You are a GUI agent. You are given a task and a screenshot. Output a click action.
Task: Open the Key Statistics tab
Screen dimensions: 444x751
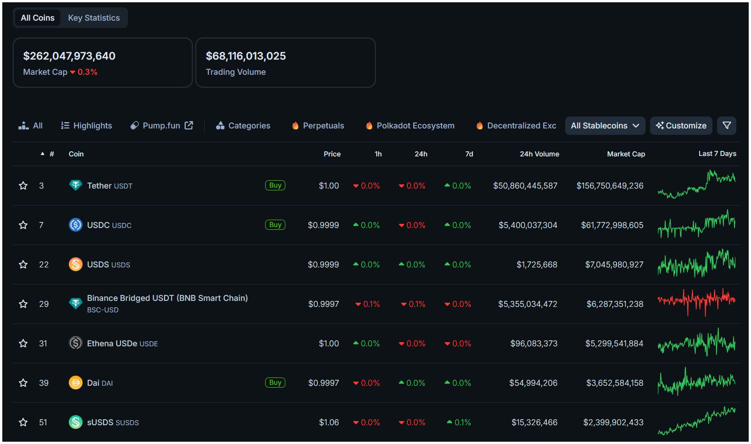point(94,18)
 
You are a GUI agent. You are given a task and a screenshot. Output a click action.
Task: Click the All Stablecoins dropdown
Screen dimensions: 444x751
point(605,126)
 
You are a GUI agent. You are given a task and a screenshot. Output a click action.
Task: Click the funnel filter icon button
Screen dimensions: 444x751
point(727,126)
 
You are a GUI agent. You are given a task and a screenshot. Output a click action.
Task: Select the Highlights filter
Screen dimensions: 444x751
point(87,126)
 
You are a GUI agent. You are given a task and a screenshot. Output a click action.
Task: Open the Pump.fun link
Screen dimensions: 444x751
point(161,126)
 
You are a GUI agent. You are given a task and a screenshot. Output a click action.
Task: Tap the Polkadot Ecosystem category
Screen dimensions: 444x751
point(410,126)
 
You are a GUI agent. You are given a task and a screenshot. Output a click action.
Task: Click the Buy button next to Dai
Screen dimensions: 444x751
point(275,383)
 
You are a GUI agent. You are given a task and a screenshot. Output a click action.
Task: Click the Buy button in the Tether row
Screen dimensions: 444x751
point(275,185)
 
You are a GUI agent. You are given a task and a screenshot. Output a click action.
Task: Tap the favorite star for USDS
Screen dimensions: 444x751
point(23,265)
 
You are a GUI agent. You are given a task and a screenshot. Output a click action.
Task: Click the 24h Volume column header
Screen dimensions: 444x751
point(539,154)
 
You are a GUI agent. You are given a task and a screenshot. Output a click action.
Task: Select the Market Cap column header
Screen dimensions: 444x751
point(626,154)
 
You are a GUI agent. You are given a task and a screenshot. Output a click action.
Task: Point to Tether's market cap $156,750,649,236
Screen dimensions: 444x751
point(610,186)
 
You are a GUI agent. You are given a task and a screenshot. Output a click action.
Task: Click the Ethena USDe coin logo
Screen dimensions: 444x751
point(76,343)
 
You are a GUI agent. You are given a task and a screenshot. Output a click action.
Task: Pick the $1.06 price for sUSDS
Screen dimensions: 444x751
point(329,422)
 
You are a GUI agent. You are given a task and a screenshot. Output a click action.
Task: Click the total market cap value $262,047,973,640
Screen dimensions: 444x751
point(69,56)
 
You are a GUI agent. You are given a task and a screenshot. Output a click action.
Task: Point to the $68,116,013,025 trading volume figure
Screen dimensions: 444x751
point(246,56)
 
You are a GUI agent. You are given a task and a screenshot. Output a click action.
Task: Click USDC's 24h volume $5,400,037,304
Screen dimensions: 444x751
point(528,225)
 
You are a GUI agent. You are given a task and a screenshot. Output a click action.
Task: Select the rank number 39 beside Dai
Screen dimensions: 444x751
point(44,383)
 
